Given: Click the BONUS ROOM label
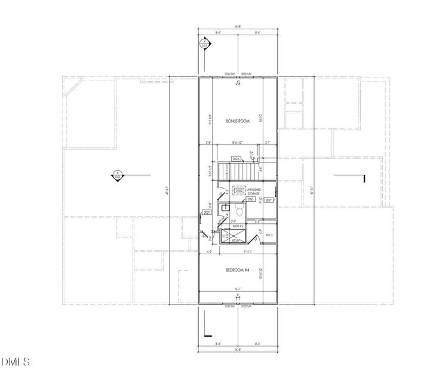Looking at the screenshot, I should coord(237,121).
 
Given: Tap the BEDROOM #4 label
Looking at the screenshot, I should coord(237,270).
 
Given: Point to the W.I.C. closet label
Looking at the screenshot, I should coord(269,235).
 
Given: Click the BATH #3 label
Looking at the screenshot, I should coord(237,227).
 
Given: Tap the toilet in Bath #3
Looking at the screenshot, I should coord(239,211).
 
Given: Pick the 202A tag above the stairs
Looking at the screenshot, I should coord(236,159).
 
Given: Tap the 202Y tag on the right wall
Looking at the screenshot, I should coord(269,201).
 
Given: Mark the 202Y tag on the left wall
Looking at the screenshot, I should coord(207,212).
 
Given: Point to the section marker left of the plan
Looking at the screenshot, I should coord(118,175).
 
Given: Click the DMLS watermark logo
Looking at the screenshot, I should coord(16,362).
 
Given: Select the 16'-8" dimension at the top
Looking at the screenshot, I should coord(237,27).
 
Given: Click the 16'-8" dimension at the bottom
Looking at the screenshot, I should coord(237,350).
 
